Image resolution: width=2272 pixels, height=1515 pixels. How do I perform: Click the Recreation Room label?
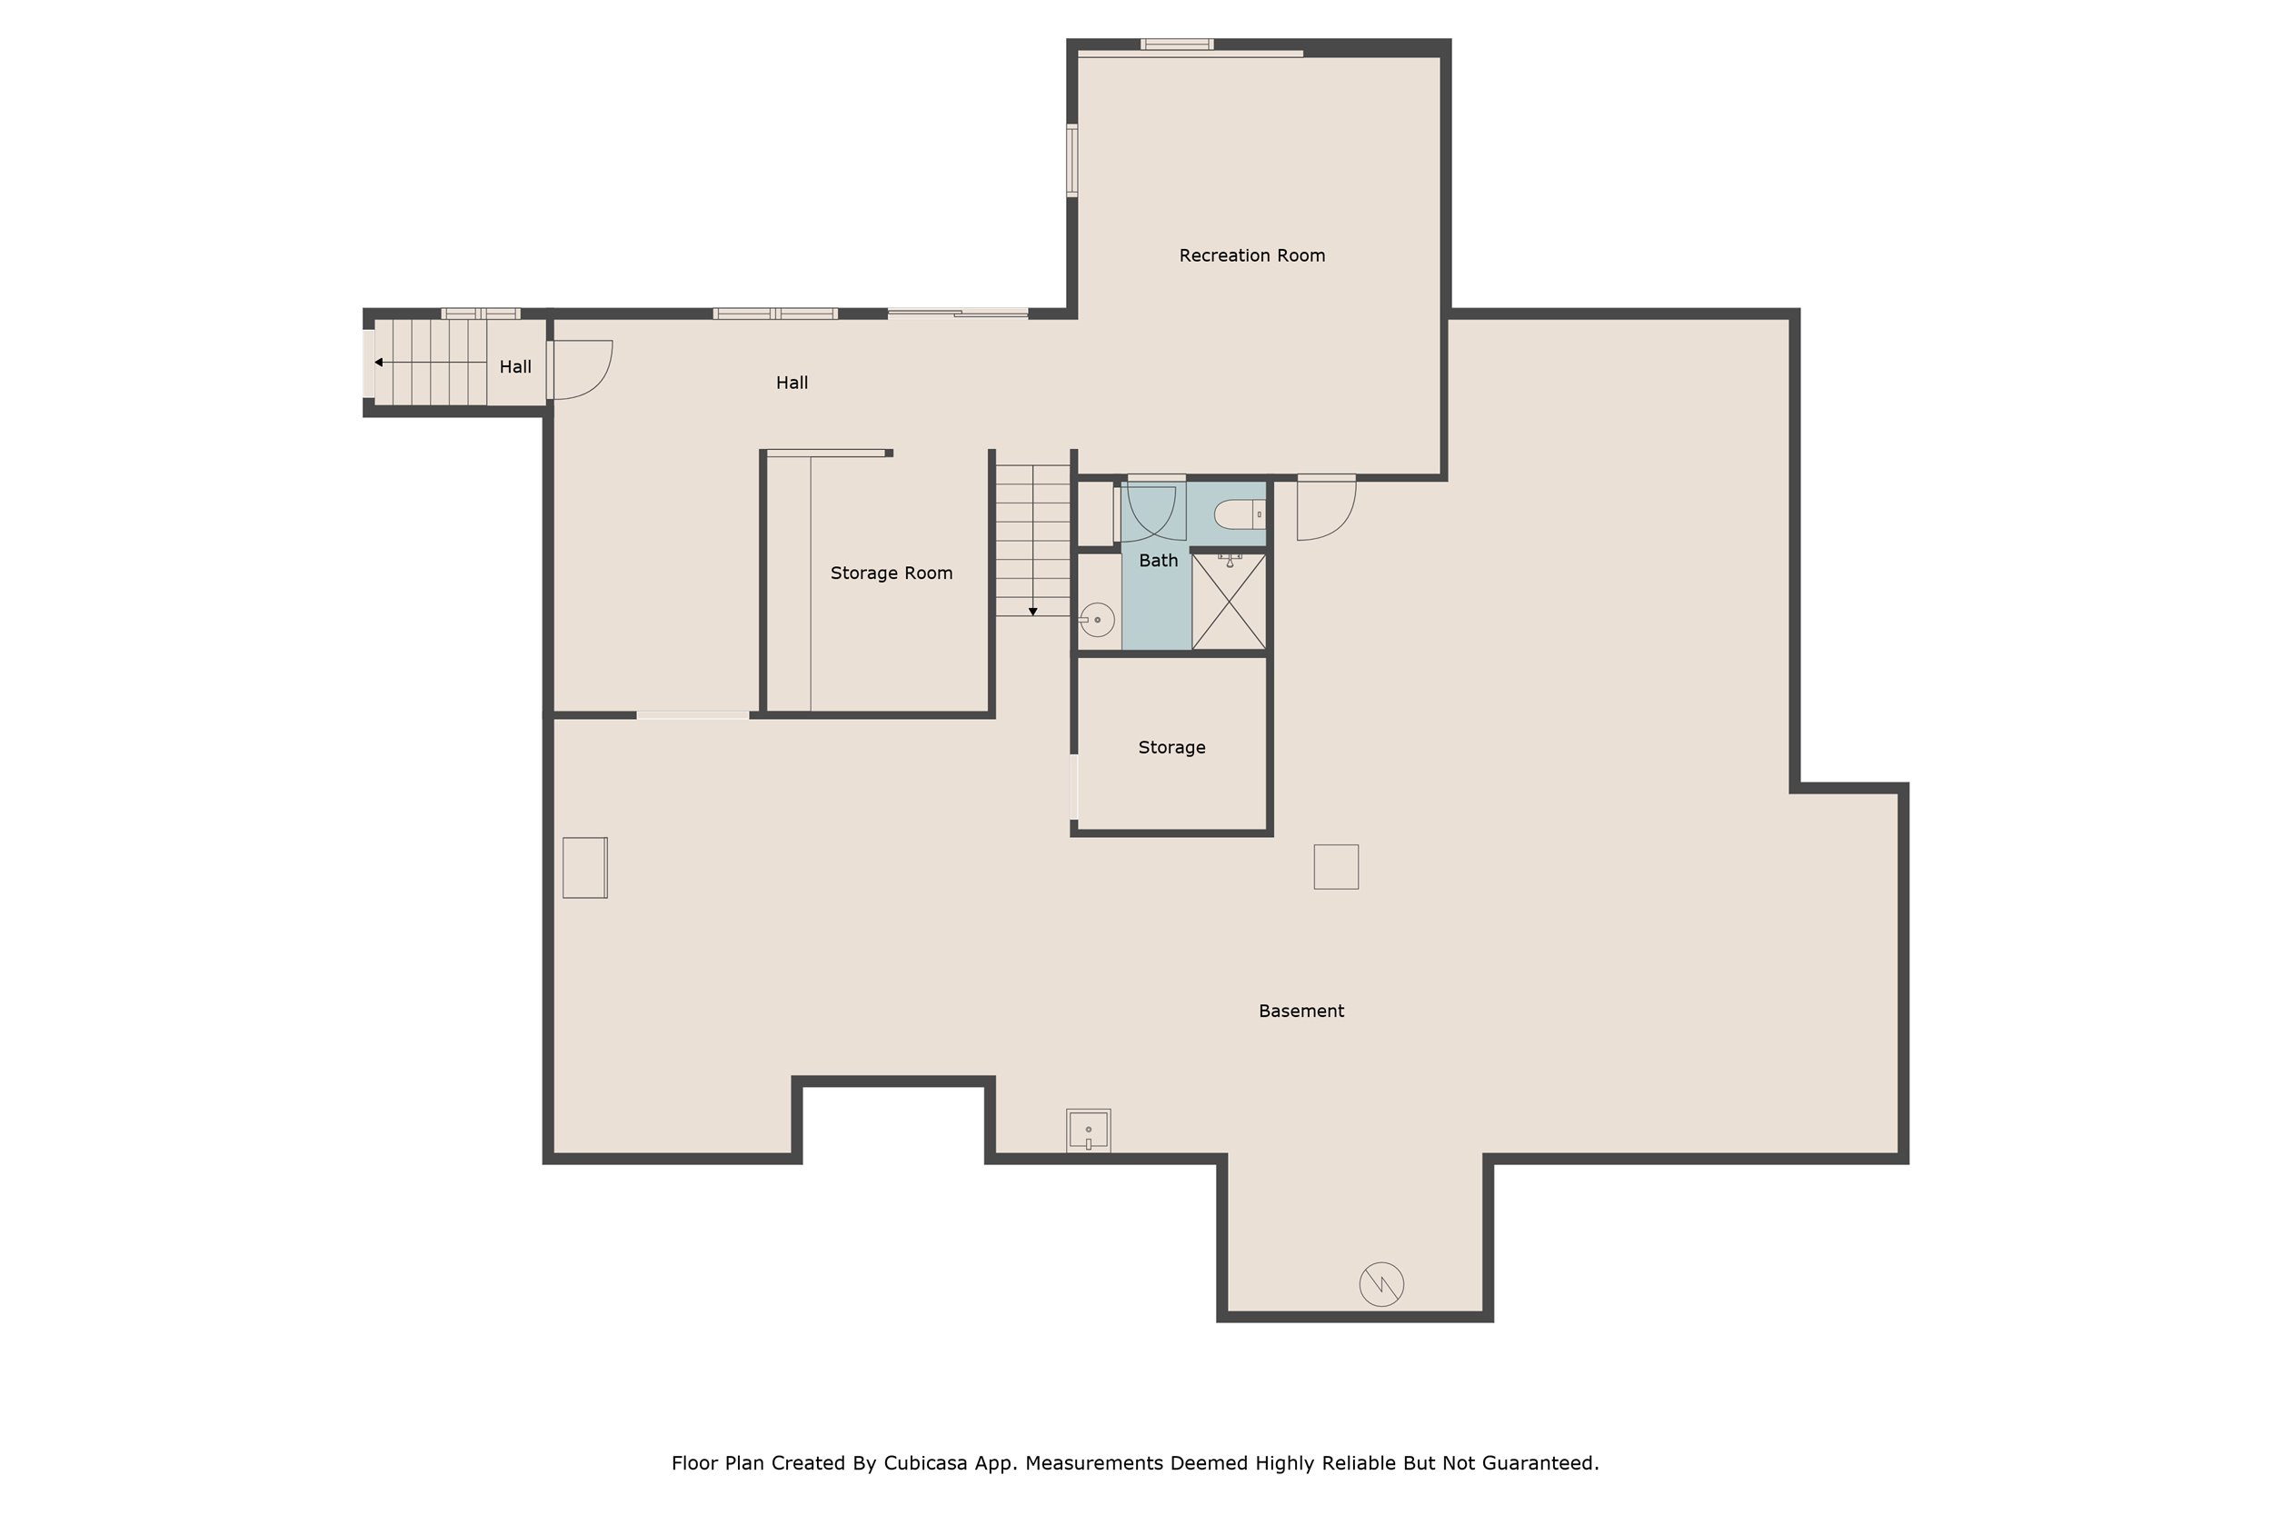click(1252, 256)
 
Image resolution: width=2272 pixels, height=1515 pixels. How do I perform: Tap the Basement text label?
click(1301, 1011)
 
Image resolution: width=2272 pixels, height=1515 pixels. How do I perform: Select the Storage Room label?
click(892, 573)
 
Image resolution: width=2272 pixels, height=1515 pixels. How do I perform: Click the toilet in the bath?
click(1240, 514)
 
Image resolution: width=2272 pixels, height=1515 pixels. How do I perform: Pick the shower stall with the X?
click(1229, 601)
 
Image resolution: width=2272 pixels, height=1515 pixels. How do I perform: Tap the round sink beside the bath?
click(1097, 619)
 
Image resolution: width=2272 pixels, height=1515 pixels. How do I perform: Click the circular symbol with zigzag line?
click(1381, 1284)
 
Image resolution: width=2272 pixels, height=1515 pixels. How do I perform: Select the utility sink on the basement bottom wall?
click(1089, 1130)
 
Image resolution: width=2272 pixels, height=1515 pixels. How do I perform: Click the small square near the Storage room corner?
click(1336, 867)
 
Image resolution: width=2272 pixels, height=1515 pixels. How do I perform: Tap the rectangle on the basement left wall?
click(585, 868)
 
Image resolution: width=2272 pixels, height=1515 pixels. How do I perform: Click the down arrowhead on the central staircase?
click(1032, 612)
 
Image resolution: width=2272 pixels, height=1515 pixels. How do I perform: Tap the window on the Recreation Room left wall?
click(1072, 160)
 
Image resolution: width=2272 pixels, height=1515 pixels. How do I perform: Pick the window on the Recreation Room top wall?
click(1177, 44)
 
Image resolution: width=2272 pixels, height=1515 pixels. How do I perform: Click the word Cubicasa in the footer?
click(925, 1463)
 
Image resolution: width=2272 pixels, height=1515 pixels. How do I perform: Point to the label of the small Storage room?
click(1171, 747)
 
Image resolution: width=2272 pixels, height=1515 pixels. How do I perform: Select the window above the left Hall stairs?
click(481, 313)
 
